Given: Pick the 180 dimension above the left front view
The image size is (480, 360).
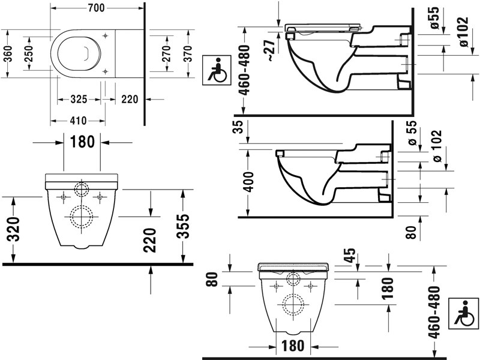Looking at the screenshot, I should tap(82, 142).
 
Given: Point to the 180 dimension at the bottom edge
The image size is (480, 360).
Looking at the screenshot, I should tap(292, 346).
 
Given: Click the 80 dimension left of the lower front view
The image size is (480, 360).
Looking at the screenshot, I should tap(210, 280).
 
